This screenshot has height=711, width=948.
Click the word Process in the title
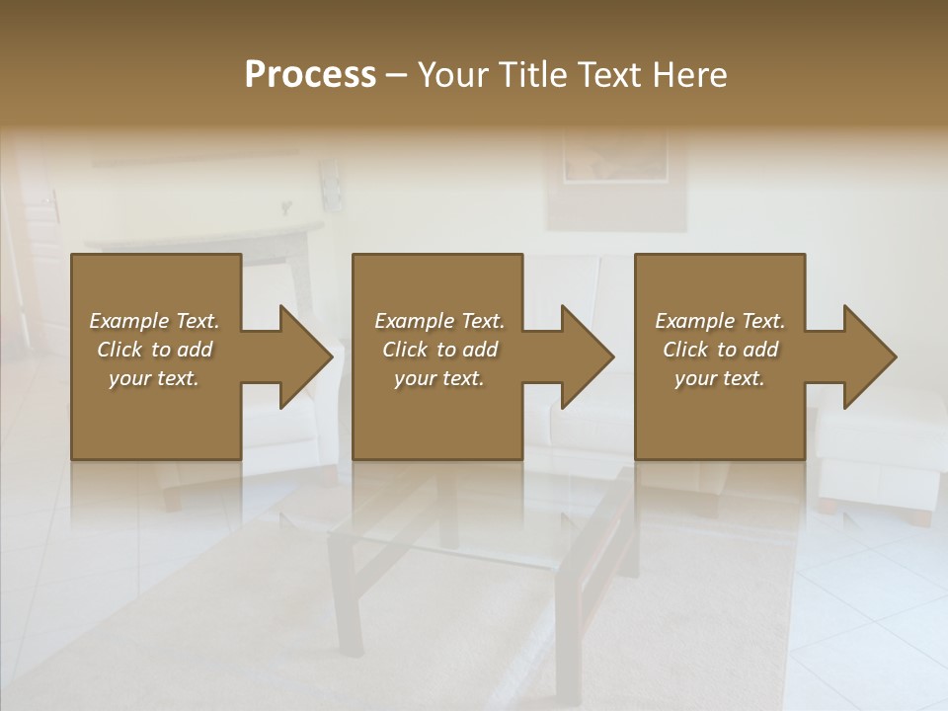click(310, 75)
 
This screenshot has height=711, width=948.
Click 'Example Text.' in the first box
click(154, 321)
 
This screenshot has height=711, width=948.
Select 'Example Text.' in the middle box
click(439, 321)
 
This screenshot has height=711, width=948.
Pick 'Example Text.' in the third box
click(720, 321)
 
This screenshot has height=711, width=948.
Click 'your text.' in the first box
click(154, 378)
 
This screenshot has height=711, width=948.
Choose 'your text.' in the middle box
click(439, 378)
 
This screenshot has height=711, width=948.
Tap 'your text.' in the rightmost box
click(720, 378)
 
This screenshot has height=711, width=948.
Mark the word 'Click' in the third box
click(686, 350)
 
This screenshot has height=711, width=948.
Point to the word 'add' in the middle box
click(479, 350)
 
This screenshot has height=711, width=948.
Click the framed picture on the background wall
click(616, 168)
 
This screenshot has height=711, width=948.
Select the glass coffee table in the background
click(474, 553)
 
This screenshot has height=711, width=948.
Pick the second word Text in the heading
click(608, 75)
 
